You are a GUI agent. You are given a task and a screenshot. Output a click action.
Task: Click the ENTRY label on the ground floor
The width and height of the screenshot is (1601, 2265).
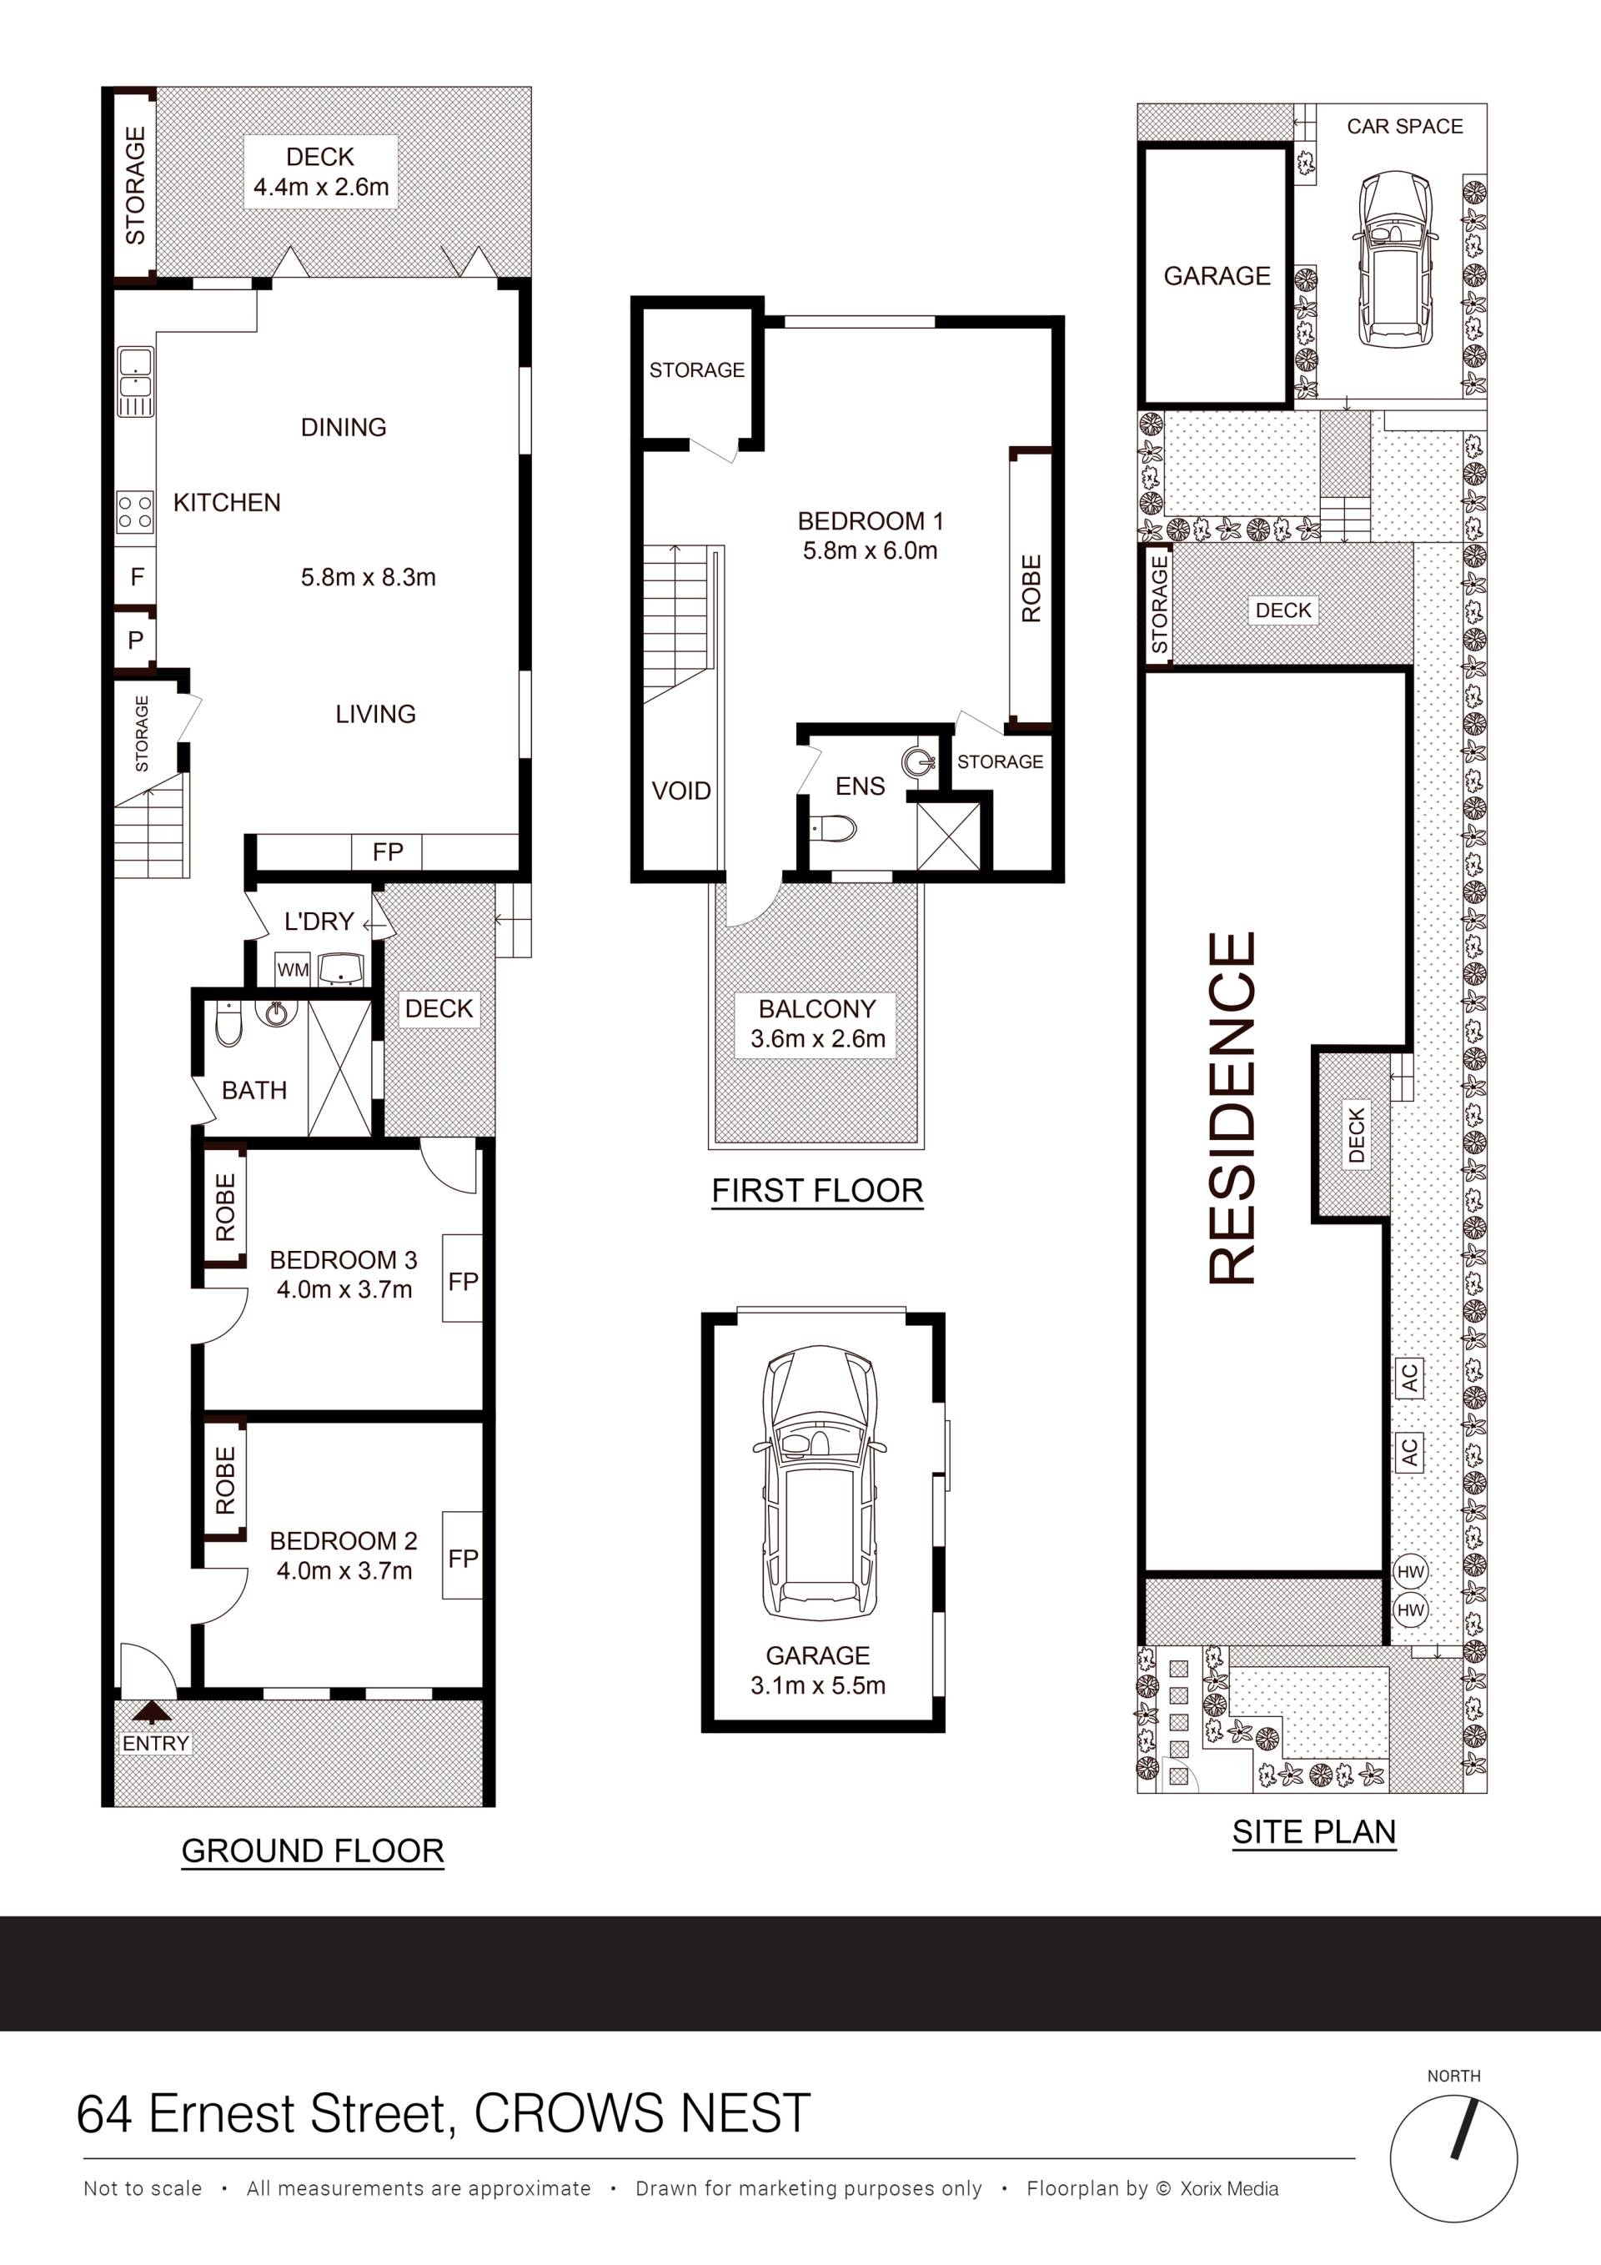pyautogui.click(x=155, y=1743)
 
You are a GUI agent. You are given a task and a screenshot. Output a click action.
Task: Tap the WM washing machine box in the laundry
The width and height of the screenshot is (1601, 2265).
pyautogui.click(x=293, y=970)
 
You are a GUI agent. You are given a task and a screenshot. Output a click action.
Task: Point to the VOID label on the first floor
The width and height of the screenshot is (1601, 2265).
pyautogui.click(x=680, y=791)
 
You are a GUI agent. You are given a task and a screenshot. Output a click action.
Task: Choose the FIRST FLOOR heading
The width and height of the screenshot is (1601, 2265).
pyautogui.click(x=817, y=1191)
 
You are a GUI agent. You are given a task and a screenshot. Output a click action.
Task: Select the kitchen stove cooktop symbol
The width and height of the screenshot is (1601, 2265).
pyautogui.click(x=135, y=512)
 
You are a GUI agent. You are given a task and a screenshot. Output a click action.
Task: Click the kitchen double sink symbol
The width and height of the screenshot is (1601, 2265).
pyautogui.click(x=135, y=382)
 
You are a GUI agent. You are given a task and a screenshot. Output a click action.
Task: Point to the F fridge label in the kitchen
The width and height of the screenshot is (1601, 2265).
pyautogui.click(x=137, y=576)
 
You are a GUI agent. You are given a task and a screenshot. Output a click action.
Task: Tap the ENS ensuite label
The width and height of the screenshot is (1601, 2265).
pyautogui.click(x=861, y=786)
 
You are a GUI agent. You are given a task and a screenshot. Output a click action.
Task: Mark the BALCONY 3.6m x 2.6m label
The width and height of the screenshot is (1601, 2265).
pyautogui.click(x=817, y=1023)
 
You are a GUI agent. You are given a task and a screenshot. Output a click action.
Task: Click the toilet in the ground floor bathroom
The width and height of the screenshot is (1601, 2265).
pyautogui.click(x=228, y=1025)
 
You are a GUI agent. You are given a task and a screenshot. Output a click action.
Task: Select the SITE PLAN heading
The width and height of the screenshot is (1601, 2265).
pyautogui.click(x=1314, y=1832)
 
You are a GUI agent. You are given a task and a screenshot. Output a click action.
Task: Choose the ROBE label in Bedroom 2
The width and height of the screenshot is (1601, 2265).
pyautogui.click(x=225, y=1481)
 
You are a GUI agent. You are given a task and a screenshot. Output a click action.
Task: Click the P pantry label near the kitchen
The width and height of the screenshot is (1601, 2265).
pyautogui.click(x=136, y=640)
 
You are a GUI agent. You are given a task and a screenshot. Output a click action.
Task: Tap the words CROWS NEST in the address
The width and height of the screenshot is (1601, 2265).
pyautogui.click(x=642, y=2112)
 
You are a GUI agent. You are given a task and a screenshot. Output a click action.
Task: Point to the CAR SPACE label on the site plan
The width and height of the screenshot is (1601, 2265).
pyautogui.click(x=1405, y=126)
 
